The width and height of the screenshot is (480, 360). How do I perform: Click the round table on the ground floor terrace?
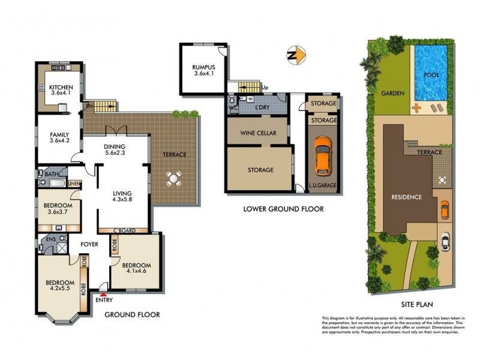tap(174, 178)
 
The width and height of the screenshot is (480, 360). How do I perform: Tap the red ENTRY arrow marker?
tap(104, 295)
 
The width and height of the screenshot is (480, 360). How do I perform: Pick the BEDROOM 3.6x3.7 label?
tap(58, 209)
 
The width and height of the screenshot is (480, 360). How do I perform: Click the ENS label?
tap(50, 239)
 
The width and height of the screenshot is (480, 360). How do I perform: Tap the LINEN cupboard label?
tap(74, 184)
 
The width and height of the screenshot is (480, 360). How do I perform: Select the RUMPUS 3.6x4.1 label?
tap(203, 70)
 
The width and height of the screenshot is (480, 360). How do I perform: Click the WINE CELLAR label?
tap(259, 133)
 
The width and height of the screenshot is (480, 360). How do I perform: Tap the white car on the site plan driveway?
tap(445, 241)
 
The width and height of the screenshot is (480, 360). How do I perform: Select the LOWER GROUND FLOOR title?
tap(283, 209)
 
